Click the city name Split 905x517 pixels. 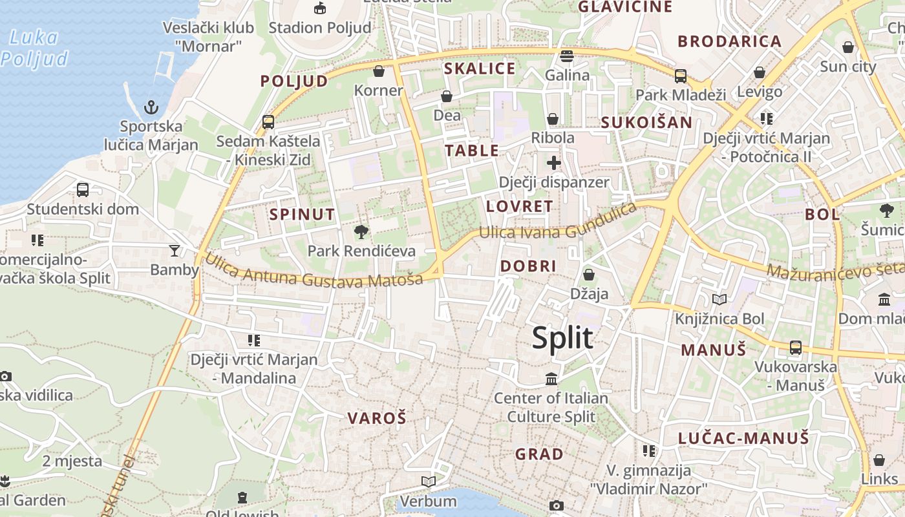coord(562,338)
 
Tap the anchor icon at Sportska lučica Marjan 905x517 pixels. coord(151,107)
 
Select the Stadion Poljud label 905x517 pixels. coord(320,28)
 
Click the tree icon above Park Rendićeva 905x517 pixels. coord(361,232)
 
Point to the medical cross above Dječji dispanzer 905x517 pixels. coord(554,163)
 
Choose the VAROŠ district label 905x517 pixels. coord(377,418)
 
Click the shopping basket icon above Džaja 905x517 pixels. coord(589,275)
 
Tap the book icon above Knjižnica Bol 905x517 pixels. coord(719,299)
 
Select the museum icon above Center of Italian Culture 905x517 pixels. coord(551,379)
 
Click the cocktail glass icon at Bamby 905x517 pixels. coord(174,250)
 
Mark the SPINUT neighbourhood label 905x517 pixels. coord(303,215)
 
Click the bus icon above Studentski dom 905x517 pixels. coord(83,190)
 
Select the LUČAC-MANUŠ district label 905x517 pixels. coord(743,438)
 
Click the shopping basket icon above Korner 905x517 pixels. coord(379,71)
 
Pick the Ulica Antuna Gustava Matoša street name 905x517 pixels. coord(314,271)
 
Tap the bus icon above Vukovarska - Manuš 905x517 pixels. coord(796,348)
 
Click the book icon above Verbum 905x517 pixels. coord(428,481)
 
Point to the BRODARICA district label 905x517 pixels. coord(730,41)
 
